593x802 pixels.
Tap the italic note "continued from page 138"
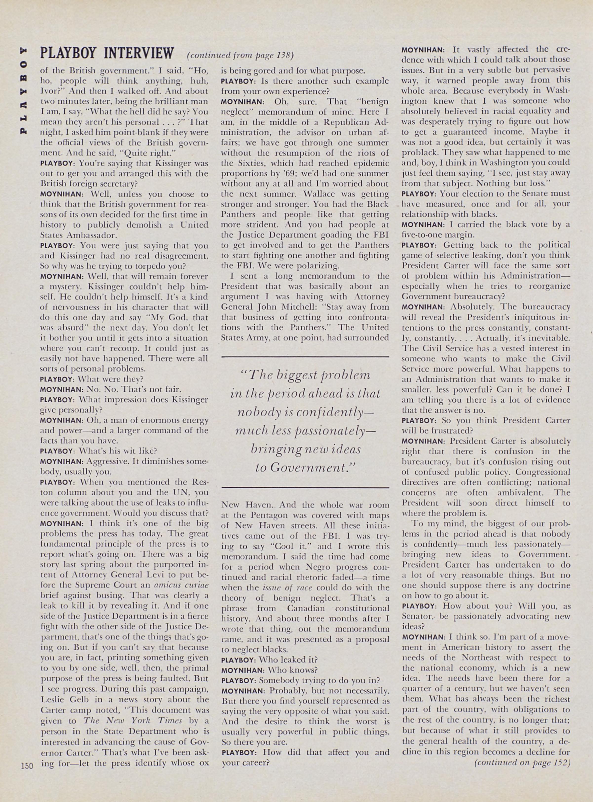click(x=240, y=56)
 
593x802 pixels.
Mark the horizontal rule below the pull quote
click(x=305, y=487)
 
